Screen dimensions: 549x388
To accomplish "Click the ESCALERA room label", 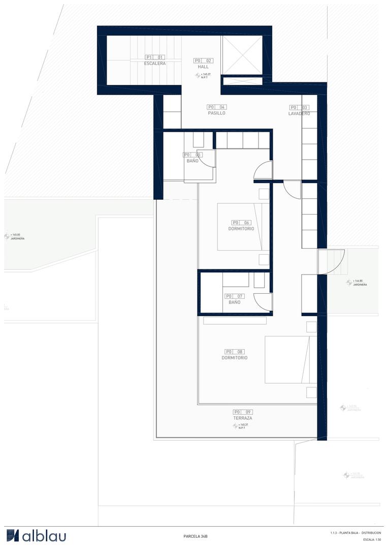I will [155, 64].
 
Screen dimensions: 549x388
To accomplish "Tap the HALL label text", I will [203, 67].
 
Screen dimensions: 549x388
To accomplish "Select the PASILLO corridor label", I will [216, 113].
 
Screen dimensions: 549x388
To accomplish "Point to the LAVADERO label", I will [299, 114].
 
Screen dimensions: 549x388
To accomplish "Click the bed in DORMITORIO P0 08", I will [290, 359].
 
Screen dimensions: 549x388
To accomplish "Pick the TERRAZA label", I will [243, 418].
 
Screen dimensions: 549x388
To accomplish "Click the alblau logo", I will [36, 535].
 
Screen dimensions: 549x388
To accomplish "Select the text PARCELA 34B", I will [196, 536].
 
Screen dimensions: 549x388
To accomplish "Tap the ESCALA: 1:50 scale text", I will [372, 539].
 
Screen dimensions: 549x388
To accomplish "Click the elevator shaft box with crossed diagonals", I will [242, 55].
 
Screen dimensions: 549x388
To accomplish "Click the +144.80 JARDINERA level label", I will [357, 283].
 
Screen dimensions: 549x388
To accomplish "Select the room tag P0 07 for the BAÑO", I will [235, 296].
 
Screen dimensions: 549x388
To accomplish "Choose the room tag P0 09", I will [243, 412].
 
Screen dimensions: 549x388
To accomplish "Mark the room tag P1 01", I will [155, 57].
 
